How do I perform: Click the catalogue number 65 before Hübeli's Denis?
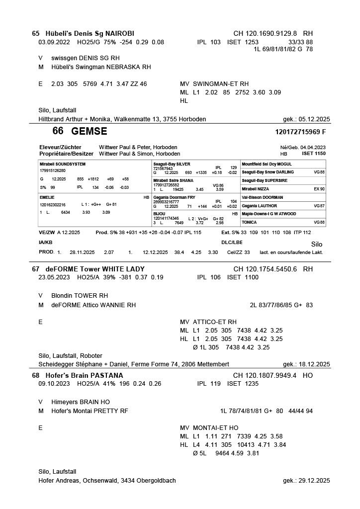pos(35,33)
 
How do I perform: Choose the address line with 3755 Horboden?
pos(122,119)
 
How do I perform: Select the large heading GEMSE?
pos(89,132)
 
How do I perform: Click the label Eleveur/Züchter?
pos(60,148)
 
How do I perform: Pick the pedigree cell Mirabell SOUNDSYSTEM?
pos(63,164)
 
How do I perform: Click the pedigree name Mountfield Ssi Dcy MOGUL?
pos(267,164)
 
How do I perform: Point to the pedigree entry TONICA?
pos(249,222)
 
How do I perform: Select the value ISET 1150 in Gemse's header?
pos(314,154)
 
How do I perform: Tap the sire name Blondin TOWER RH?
pos(80,295)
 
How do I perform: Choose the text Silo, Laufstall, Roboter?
pos(70,356)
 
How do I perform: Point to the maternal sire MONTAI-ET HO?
pos(215,428)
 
